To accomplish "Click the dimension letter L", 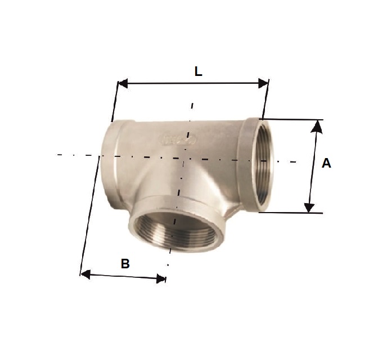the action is (x=198, y=71).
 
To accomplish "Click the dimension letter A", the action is (x=326, y=163).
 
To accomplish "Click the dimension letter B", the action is (x=125, y=264).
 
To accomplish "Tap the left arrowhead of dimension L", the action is (x=123, y=83).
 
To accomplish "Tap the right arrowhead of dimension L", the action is (x=263, y=83).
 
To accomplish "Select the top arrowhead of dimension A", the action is (x=317, y=127).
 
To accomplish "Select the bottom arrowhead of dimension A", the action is (x=309, y=208).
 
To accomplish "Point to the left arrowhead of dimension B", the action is (x=85, y=274).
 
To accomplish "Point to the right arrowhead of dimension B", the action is (x=161, y=279).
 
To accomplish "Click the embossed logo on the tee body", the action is (x=178, y=139).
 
